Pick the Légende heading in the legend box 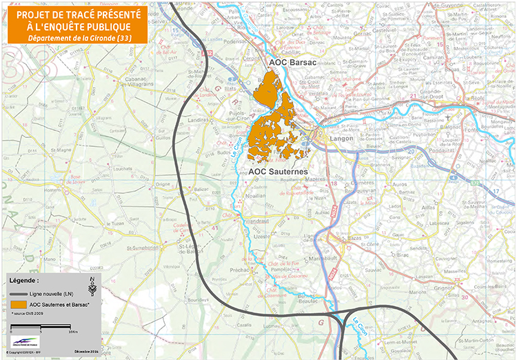pyautogui.click(x=24, y=281)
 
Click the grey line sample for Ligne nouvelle pyautogui.click(x=19, y=294)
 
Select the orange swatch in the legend pyautogui.click(x=19, y=304)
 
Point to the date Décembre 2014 pyautogui.click(x=85, y=351)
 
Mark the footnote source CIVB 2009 pyautogui.click(x=29, y=314)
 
